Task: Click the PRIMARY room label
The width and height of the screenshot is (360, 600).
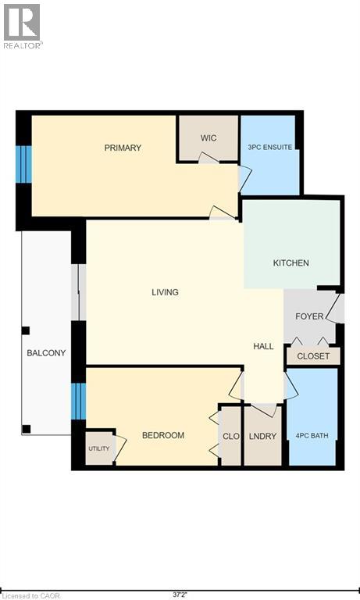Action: click(123, 148)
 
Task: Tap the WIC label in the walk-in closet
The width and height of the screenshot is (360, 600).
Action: click(208, 138)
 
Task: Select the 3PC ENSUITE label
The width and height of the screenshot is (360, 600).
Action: click(269, 147)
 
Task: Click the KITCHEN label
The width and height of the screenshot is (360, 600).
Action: click(290, 262)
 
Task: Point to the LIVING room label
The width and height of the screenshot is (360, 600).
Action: click(165, 292)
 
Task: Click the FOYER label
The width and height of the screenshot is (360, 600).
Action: click(309, 316)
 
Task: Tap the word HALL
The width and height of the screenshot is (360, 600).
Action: click(263, 345)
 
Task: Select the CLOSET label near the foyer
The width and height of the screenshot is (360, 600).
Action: click(313, 356)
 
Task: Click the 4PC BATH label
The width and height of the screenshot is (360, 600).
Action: click(312, 435)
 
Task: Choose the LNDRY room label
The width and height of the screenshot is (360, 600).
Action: click(262, 435)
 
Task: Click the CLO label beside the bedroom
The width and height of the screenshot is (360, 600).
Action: click(230, 435)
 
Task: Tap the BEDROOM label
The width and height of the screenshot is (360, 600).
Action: click(162, 435)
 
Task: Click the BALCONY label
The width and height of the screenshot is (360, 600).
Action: click(46, 353)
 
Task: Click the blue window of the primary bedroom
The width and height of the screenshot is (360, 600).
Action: click(23, 163)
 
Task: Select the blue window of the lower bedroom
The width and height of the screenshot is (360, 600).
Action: click(78, 401)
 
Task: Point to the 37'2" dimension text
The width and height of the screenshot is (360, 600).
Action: click(180, 595)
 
